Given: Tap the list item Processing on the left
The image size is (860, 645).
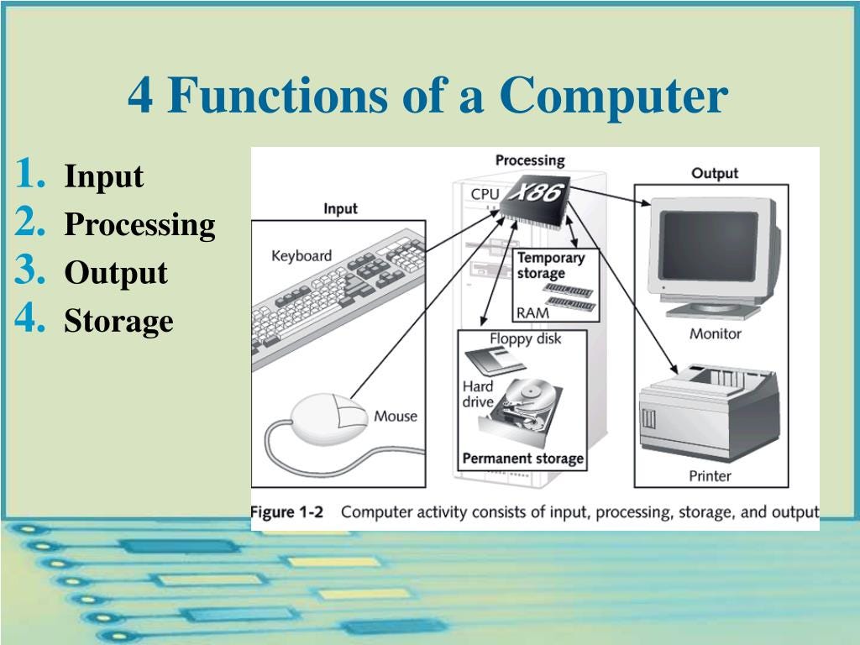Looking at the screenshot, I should point(139,225).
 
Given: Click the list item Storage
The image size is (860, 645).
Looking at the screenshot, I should point(118,321).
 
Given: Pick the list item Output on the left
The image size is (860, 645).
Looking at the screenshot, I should point(116,273).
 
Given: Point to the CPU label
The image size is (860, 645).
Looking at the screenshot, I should point(485,195).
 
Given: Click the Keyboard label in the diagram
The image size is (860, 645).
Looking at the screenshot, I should point(301,255).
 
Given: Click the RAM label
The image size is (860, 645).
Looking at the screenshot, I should point(532,312).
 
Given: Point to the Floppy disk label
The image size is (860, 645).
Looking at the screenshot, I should point(525,338).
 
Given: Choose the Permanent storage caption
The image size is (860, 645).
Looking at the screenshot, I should point(522,459).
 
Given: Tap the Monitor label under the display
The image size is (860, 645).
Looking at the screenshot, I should point(715,333).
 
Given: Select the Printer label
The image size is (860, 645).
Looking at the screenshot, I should point(710,476).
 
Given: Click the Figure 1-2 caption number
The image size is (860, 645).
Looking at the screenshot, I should point(287,511).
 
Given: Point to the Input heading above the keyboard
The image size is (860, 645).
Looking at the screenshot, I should point(340,208).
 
